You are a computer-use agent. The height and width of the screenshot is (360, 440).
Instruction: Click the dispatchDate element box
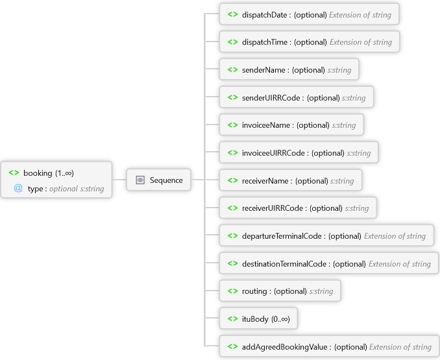(x=309, y=14)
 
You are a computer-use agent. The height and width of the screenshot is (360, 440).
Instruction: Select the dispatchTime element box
(x=309, y=42)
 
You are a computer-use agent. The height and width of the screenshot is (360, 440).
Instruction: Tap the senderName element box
(x=289, y=70)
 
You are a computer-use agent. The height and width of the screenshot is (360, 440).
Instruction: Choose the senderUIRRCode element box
(x=296, y=97)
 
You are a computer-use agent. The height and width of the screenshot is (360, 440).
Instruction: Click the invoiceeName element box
(x=291, y=125)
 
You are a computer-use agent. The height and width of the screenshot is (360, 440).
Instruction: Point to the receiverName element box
(x=290, y=180)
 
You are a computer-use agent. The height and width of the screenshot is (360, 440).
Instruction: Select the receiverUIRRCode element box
(x=298, y=208)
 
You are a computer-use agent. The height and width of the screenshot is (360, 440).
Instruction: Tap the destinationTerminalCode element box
(x=328, y=263)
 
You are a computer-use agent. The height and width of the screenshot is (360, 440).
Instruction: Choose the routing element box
(x=280, y=291)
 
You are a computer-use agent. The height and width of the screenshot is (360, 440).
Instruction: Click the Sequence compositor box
(x=159, y=180)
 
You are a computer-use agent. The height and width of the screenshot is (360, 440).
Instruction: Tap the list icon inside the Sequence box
(x=140, y=180)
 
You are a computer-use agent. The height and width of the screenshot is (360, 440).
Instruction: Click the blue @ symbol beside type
(x=18, y=188)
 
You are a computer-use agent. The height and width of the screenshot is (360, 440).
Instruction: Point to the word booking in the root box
(x=38, y=173)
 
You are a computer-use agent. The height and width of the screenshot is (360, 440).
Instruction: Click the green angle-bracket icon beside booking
(x=14, y=173)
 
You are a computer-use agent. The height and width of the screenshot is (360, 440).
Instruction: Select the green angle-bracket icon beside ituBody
(x=232, y=319)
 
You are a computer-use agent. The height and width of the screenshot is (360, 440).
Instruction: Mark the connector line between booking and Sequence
(x=119, y=180)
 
